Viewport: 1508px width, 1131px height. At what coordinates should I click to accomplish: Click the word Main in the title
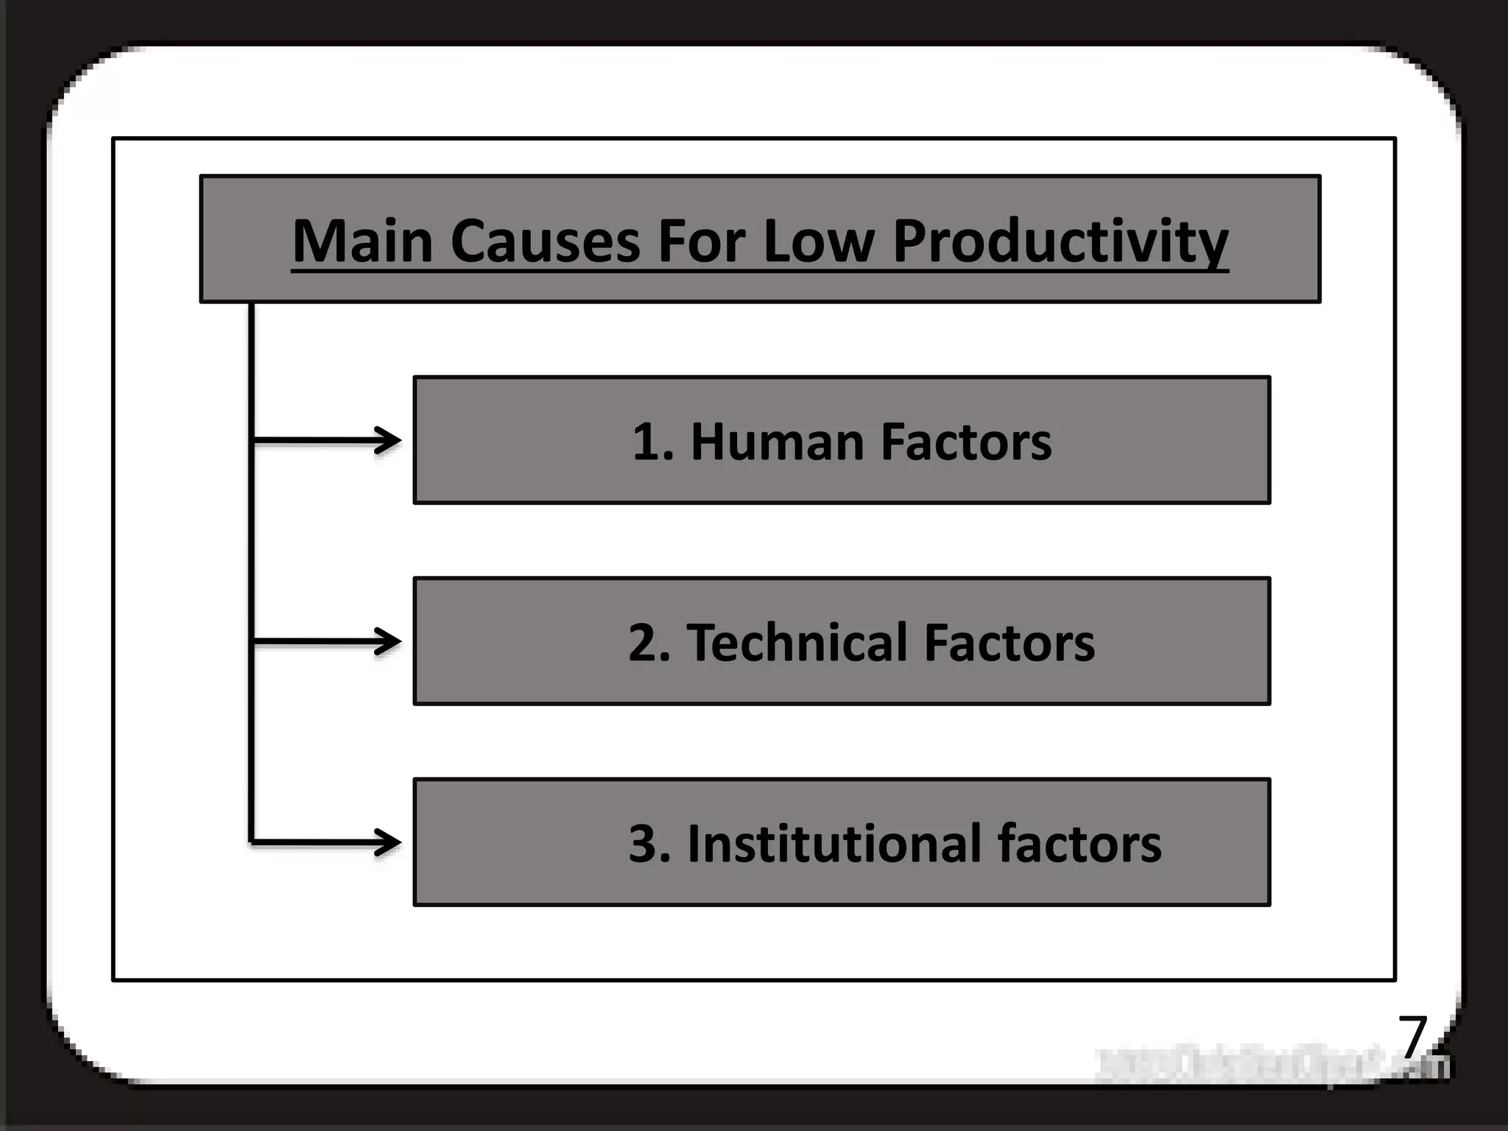tap(362, 241)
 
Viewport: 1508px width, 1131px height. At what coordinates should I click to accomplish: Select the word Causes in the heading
tap(545, 241)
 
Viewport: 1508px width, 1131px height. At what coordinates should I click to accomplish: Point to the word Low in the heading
tap(818, 241)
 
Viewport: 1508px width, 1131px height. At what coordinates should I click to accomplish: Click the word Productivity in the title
tap(1060, 241)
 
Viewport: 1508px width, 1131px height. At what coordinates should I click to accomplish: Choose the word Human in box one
tap(776, 442)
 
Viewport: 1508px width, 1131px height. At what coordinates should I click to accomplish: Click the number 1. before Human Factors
tap(652, 442)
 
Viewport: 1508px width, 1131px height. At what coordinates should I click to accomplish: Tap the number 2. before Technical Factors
tap(649, 643)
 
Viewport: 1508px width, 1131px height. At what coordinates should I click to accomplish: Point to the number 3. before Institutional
tap(649, 844)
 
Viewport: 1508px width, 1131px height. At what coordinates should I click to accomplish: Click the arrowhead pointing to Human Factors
tap(388, 441)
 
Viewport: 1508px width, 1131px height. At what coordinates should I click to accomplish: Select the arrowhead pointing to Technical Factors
tap(388, 641)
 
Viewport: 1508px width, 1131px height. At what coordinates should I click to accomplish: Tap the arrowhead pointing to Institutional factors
tap(388, 842)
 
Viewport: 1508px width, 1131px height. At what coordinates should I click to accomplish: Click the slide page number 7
tap(1412, 1036)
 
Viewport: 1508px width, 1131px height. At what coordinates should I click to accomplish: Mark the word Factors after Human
tap(966, 442)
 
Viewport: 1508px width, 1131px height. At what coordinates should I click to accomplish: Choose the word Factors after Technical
tap(1009, 643)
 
